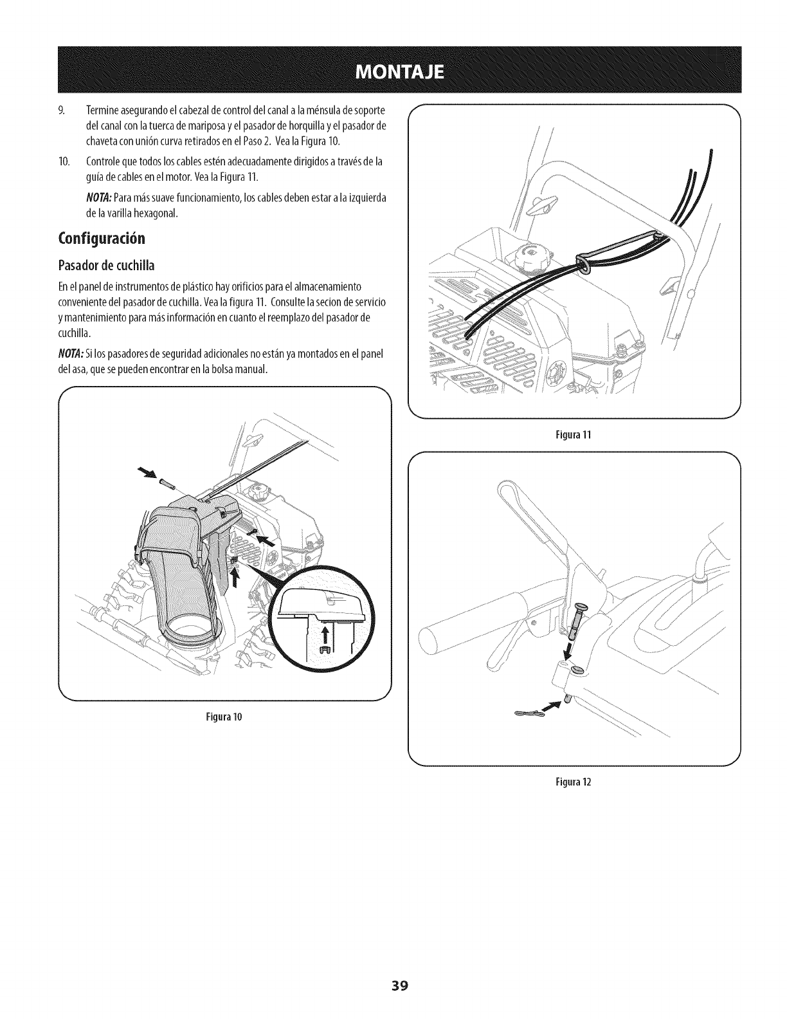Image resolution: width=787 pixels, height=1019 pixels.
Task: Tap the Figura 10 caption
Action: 224,716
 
